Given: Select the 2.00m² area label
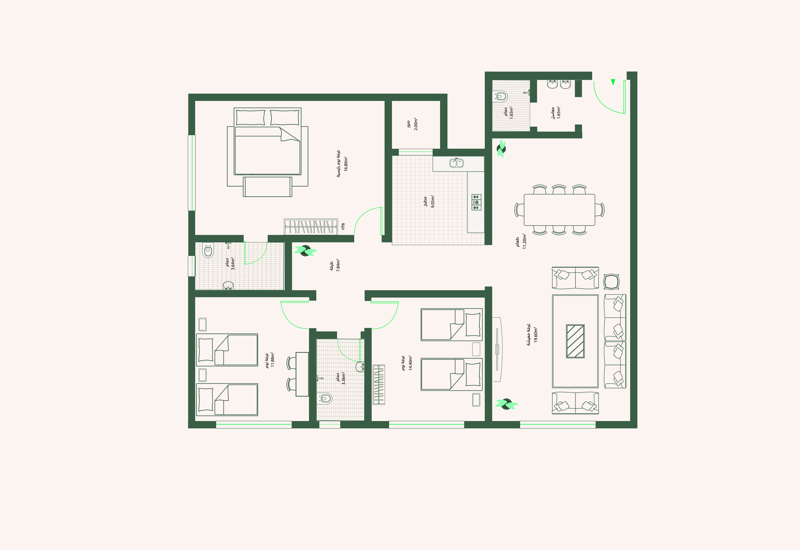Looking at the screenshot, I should coord(416,124).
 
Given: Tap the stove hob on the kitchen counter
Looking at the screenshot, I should coord(476,202).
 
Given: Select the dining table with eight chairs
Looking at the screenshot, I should coord(559,210).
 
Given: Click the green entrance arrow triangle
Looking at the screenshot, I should coord(613,82).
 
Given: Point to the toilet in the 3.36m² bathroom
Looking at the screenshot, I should coord(325,399).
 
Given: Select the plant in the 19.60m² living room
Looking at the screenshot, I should coord(506,404).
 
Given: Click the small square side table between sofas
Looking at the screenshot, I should coord(611,282).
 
